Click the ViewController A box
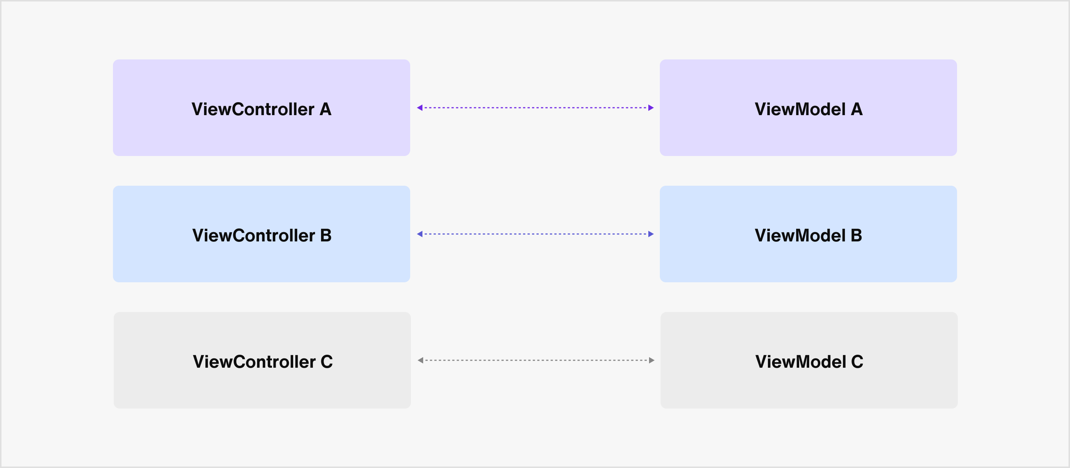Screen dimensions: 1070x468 pos(261,108)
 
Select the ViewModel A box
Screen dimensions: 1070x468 pos(808,108)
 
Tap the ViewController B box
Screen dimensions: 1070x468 pos(261,234)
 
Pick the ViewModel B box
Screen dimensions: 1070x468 pos(808,234)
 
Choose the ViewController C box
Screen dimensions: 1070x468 pos(262,360)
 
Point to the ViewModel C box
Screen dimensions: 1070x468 pos(809,360)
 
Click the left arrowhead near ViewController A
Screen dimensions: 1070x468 pos(419,108)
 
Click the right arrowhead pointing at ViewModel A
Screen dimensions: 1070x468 pos(651,108)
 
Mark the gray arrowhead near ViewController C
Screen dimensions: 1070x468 pos(420,360)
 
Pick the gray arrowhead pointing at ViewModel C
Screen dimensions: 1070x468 pos(652,360)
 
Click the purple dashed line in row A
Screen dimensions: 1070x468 pos(535,108)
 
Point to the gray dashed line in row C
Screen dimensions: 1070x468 pos(536,360)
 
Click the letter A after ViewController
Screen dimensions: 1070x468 pos(325,109)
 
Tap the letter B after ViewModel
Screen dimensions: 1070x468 pos(856,235)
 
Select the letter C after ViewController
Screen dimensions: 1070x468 pos(327,362)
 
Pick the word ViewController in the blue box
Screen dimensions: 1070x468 pos(253,235)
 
